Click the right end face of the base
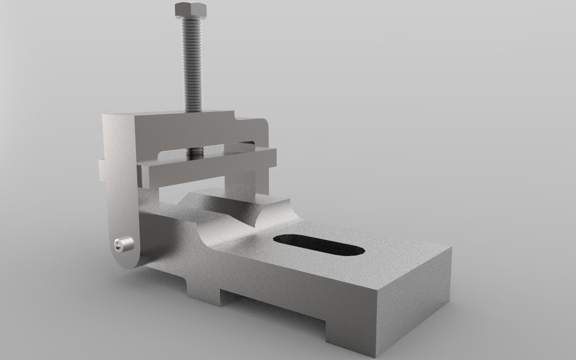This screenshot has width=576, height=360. [x=414, y=300]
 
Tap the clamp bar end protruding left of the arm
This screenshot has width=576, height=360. [x=103, y=171]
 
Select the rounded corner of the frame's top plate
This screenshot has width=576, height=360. [x=264, y=123]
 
